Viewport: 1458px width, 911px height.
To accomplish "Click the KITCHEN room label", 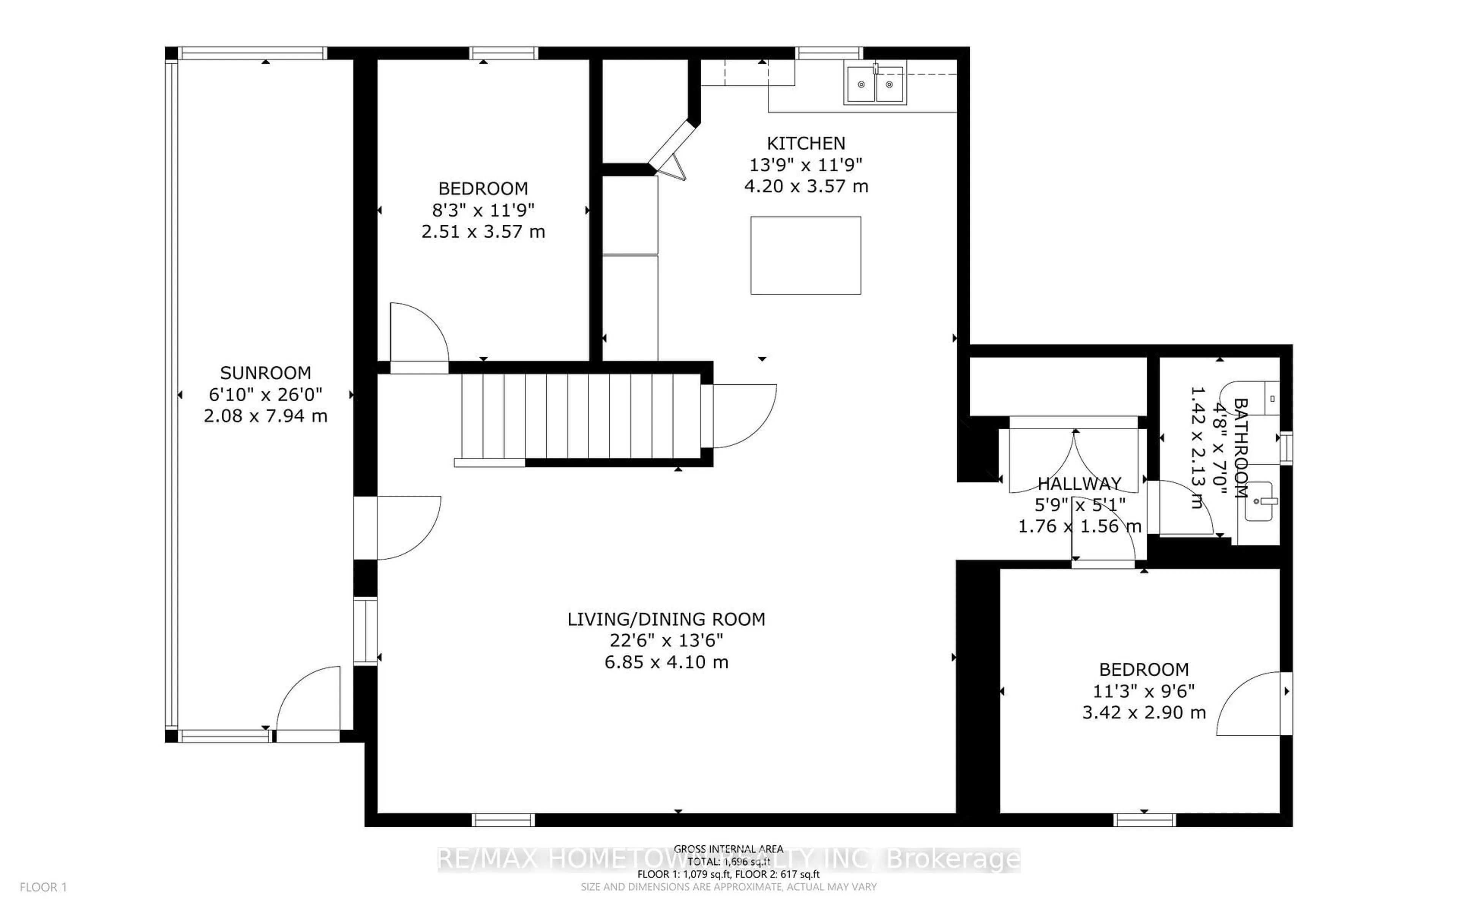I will [x=806, y=143].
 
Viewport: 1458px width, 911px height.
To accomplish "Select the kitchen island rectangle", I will [x=806, y=255].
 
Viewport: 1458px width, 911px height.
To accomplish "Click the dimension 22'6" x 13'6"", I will [x=666, y=640].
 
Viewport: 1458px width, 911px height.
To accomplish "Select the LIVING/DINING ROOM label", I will [x=666, y=619].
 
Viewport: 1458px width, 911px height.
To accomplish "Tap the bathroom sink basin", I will [x=1259, y=502].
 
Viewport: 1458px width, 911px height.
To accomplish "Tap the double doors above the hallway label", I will [x=1074, y=458].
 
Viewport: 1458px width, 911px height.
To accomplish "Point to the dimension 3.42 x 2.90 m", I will [x=1144, y=713].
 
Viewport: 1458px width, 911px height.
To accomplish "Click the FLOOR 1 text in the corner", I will [x=43, y=887].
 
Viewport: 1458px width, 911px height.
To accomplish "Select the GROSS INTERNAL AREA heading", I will [x=728, y=849].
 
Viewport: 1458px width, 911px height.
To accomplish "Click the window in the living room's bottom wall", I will [x=503, y=820].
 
